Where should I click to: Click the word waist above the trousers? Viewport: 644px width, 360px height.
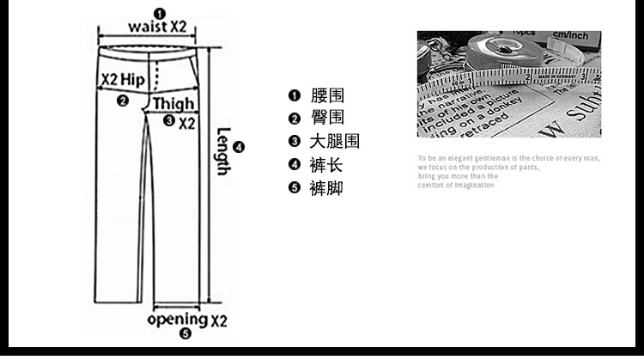(147, 27)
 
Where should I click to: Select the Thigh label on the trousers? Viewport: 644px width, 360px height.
(174, 105)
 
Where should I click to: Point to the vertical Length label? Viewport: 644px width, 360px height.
(222, 151)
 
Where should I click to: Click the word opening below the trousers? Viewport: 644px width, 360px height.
(177, 320)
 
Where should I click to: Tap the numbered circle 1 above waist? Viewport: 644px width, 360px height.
(147, 12)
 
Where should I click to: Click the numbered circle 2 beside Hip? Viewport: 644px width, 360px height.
(123, 101)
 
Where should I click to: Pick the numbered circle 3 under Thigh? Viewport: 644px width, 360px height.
(168, 121)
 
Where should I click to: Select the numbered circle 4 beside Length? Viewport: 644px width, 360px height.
(240, 147)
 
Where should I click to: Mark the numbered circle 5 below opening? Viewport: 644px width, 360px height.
(185, 334)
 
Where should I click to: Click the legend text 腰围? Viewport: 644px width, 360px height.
(327, 95)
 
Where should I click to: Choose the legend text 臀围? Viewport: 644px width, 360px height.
(327, 119)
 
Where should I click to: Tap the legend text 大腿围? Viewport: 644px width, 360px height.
(334, 142)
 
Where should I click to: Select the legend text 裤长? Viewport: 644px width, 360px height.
(327, 165)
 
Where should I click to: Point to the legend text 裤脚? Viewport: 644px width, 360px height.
(327, 188)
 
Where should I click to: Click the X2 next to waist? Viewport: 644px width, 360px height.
(177, 27)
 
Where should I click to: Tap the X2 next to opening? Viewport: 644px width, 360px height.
(219, 321)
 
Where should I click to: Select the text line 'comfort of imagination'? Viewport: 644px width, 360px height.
(456, 186)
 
